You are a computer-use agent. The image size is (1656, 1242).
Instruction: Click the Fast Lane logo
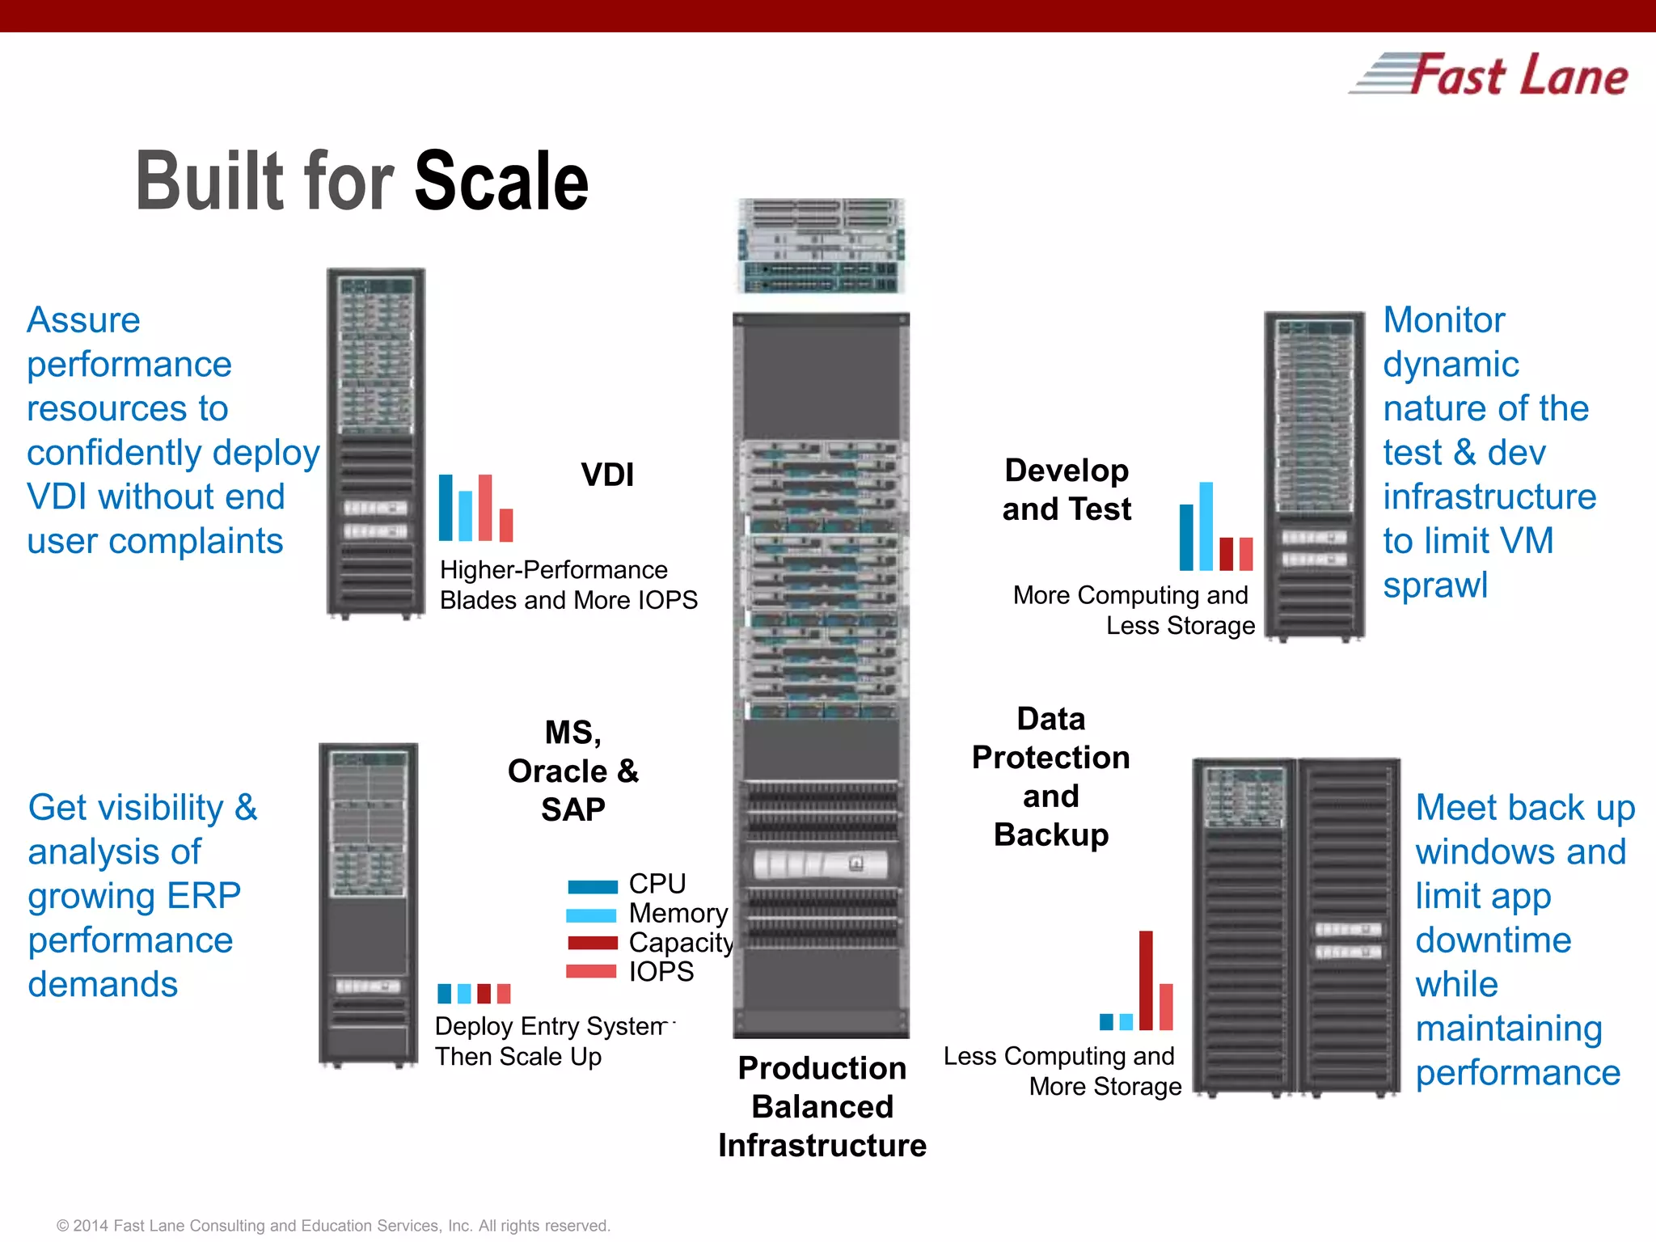[x=1489, y=75]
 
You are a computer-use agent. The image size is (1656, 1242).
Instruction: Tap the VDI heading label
[x=607, y=475]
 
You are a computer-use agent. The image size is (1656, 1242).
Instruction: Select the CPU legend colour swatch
[x=592, y=886]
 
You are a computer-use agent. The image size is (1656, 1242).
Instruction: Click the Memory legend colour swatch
[x=592, y=915]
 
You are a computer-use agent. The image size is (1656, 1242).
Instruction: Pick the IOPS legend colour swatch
[x=592, y=971]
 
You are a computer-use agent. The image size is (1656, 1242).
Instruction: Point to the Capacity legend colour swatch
[x=592, y=943]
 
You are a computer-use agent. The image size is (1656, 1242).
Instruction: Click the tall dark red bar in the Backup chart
[x=1146, y=980]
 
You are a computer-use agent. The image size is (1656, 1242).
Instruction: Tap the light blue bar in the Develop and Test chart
[x=1206, y=526]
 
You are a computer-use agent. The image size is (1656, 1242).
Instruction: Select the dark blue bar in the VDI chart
[x=446, y=507]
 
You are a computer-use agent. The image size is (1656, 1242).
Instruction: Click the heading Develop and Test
[x=1067, y=490]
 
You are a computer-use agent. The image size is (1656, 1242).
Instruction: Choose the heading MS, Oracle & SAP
[x=572, y=771]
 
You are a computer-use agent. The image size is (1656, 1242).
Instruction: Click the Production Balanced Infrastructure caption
[x=822, y=1106]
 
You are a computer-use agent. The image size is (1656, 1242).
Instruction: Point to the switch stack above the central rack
[x=821, y=245]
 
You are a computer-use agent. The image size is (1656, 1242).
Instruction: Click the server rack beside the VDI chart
[x=376, y=443]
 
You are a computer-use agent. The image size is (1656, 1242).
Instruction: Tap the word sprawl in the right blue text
[x=1435, y=585]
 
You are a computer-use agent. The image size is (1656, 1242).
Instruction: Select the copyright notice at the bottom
[x=333, y=1226]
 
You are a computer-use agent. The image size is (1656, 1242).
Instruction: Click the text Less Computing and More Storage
[x=1062, y=1071]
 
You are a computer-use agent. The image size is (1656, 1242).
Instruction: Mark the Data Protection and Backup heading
[x=1050, y=776]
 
